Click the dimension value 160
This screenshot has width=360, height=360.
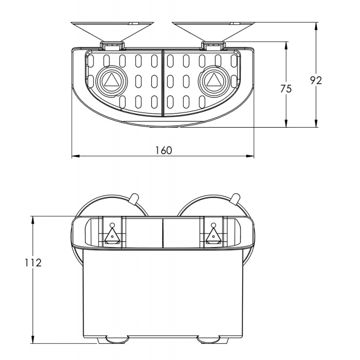coord(163,150)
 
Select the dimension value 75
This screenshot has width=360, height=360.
coord(286,89)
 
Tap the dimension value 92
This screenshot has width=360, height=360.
coord(316,80)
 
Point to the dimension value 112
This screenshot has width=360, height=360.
coord(33,263)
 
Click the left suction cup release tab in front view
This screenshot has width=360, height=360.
coord(133,198)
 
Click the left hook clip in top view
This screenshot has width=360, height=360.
coord(112,45)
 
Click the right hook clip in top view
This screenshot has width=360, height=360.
coord(213,45)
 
